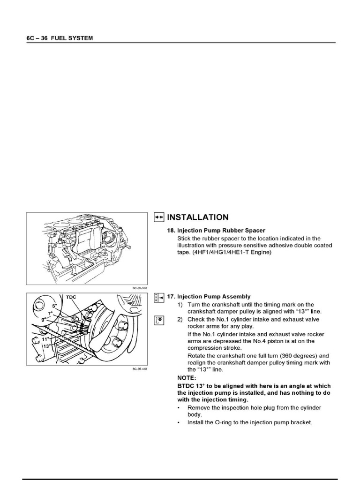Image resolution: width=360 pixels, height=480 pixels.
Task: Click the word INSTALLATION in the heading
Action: coord(198,217)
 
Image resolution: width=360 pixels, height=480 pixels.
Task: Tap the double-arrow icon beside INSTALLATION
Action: coord(158,217)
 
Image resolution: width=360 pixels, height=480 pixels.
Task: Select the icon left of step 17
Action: coord(158,297)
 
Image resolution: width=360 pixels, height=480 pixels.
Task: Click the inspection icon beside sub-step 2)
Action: coord(158,320)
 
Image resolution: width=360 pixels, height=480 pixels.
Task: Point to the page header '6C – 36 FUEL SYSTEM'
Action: coord(60,38)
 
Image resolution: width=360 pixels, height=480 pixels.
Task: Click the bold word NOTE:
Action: coord(187,377)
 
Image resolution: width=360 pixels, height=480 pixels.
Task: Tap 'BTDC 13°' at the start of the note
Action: coord(187,385)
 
